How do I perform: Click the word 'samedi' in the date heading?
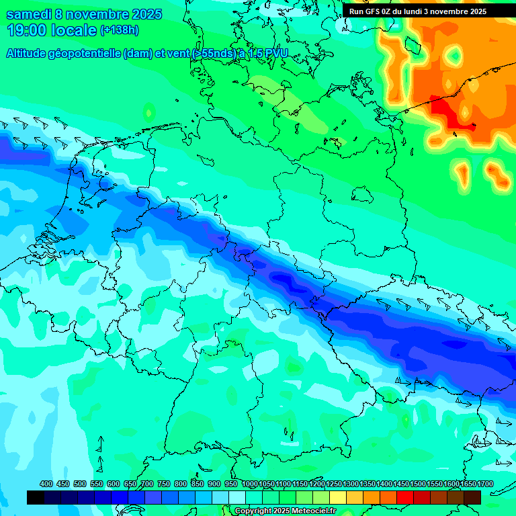(30, 14)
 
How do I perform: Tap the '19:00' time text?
(27, 30)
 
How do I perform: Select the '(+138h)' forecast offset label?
(119, 30)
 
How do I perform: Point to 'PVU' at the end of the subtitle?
(273, 54)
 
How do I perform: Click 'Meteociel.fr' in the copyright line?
(312, 511)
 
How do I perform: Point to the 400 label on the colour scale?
(46, 484)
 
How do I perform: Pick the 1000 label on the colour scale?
(249, 484)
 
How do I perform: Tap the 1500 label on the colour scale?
(418, 484)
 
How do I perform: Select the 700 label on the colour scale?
(147, 484)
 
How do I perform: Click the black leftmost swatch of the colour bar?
(36, 497)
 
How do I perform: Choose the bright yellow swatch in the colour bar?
(338, 497)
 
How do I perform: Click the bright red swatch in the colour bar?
(405, 497)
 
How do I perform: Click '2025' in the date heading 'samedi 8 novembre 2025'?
(141, 14)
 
